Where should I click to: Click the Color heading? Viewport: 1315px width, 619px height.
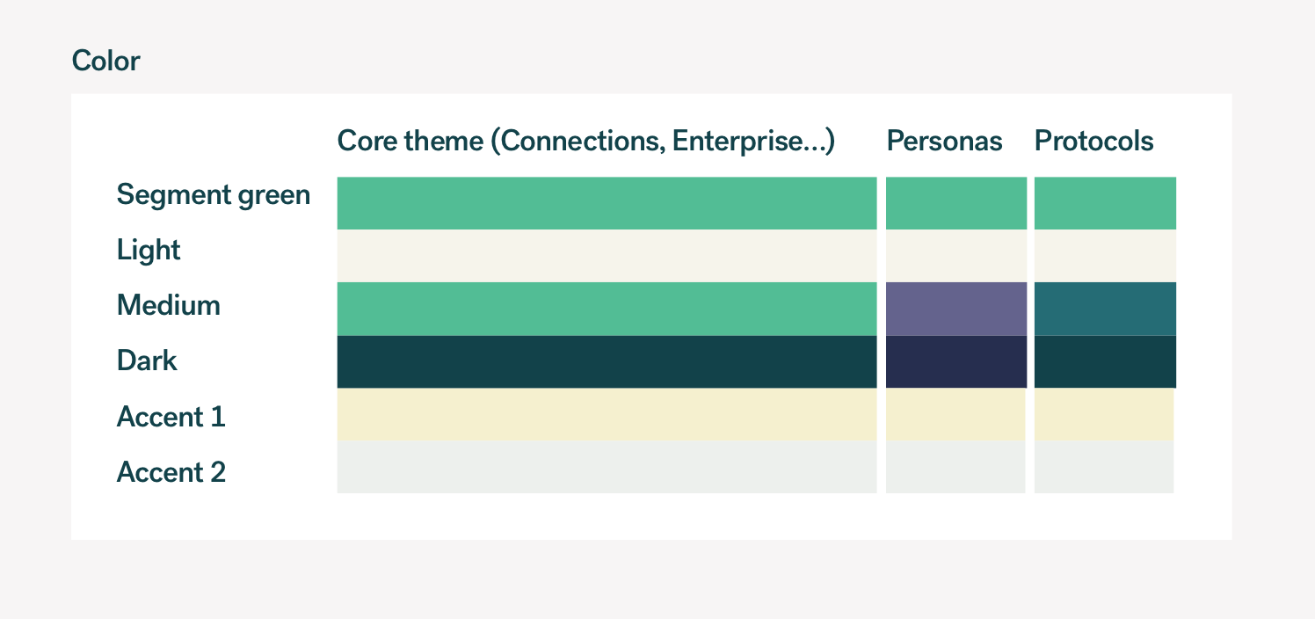105,61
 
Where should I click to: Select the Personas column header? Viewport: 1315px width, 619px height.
944,141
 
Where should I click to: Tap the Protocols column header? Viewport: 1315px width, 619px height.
1093,141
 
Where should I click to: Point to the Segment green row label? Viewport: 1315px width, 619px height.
213,195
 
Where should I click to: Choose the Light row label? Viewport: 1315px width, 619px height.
149,251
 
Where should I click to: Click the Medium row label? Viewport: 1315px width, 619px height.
169,305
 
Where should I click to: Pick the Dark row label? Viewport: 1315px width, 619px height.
147,360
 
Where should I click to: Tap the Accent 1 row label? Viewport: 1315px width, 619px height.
171,417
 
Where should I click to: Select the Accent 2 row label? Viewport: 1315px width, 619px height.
171,472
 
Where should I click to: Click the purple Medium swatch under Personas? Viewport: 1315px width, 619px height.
956,309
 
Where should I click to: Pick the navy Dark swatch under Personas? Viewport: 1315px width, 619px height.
956,361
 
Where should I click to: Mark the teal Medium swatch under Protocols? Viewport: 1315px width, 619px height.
1105,309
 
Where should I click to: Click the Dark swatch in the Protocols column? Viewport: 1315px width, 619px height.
1105,361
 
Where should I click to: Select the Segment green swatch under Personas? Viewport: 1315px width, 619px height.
956,203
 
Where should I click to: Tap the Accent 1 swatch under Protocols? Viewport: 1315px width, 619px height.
1104,414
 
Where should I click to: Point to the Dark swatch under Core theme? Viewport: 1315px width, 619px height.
607,361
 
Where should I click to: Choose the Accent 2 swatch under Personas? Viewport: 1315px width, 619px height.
955,467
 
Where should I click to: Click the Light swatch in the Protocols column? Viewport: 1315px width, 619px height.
1105,256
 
